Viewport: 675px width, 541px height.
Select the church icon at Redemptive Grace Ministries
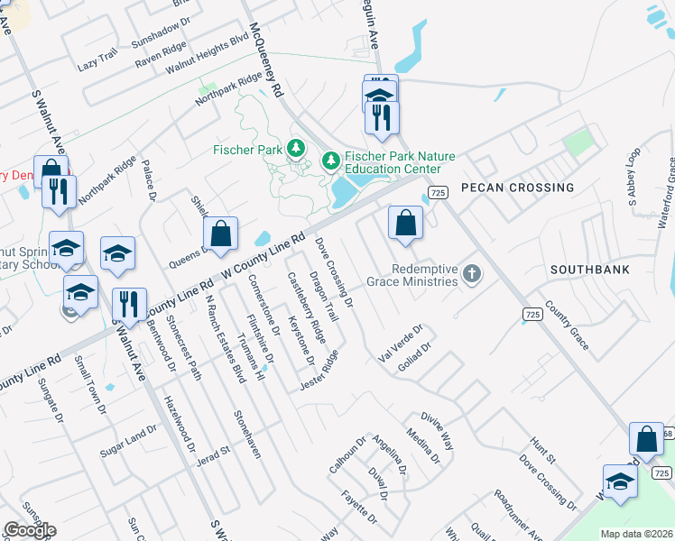tap(471, 272)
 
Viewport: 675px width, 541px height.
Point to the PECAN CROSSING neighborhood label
tap(517, 188)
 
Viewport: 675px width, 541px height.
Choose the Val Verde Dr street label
tap(400, 347)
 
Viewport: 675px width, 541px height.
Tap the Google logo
tap(30, 530)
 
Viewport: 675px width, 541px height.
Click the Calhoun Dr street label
tap(346, 455)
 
